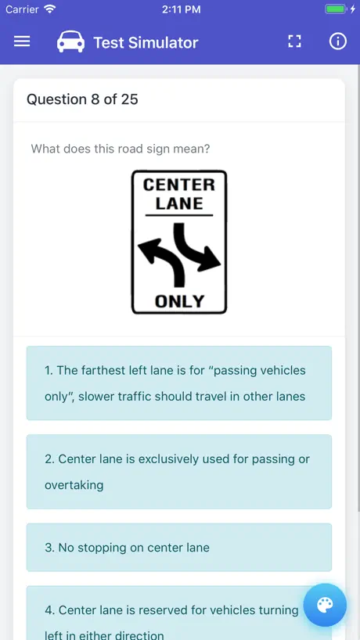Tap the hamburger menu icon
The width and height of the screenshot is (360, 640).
point(22,41)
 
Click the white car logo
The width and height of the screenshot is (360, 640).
point(71,41)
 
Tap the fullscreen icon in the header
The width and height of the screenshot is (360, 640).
point(295,41)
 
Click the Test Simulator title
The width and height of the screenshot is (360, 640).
point(146,42)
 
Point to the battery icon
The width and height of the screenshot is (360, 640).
point(335,9)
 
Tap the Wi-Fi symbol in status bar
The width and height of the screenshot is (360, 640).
point(50,9)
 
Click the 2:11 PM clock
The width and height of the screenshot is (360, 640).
point(182,9)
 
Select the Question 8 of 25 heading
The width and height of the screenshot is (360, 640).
point(82,99)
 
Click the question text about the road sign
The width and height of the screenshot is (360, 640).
point(121,149)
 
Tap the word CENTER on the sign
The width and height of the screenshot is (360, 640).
point(178,185)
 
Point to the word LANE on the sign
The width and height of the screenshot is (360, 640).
point(178,203)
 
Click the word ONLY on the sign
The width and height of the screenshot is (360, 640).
point(179,302)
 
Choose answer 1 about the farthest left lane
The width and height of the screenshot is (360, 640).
point(179,383)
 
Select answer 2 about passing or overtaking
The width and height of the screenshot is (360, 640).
point(179,472)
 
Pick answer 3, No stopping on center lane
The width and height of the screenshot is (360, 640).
point(179,548)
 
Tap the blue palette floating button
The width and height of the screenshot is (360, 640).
point(325,605)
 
